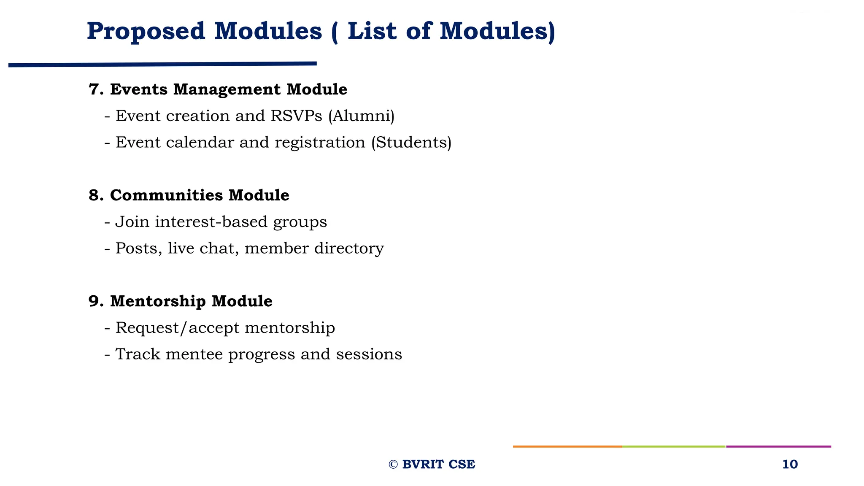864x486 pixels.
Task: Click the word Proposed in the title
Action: (146, 32)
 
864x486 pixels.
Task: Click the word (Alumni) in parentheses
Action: (361, 116)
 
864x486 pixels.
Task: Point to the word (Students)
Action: (411, 143)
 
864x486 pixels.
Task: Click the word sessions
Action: (369, 354)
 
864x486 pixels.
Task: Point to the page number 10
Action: (790, 464)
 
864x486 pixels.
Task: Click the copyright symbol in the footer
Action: (393, 464)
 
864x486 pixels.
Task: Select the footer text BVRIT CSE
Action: (438, 464)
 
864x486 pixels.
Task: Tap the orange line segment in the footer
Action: (567, 446)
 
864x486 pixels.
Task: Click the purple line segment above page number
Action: (778, 446)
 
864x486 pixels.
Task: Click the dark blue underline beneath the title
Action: (162, 65)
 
